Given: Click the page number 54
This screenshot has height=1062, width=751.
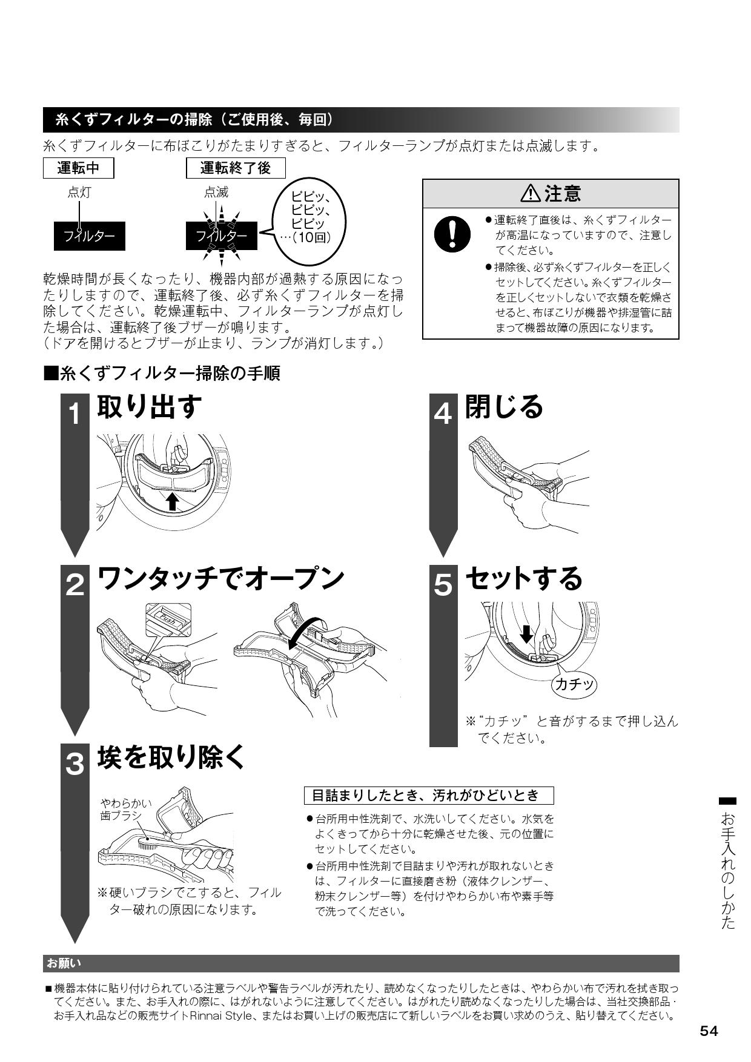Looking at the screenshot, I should [x=709, y=1031].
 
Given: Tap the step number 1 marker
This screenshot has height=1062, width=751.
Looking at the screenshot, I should [x=74, y=415].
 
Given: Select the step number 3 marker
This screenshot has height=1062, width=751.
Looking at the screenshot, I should [x=74, y=764].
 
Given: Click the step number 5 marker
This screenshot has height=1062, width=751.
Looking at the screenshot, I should [x=443, y=585].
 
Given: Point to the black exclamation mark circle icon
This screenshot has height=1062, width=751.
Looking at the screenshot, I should [x=452, y=234].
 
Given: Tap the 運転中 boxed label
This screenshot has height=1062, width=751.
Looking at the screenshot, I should [x=79, y=168].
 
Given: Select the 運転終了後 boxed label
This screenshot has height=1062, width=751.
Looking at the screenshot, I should [x=236, y=168].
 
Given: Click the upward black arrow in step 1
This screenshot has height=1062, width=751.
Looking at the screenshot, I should [x=173, y=501].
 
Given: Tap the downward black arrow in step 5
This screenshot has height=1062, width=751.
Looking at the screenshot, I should [x=526, y=633].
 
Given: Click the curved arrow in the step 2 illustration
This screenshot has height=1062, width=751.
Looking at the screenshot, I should [x=305, y=634].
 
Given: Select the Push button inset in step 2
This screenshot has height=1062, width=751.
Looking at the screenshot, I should [x=168, y=619].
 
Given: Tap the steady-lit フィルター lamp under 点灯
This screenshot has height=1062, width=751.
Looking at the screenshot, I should [x=90, y=236].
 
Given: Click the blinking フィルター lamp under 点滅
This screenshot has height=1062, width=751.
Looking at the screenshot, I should [x=222, y=236].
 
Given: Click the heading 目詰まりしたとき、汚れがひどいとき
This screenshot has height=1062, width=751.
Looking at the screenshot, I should [x=429, y=795].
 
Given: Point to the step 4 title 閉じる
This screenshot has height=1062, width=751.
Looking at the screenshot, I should [x=504, y=406].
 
